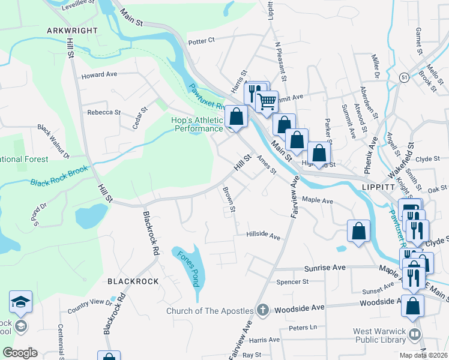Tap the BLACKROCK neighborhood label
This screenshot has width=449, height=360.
pos(133,281)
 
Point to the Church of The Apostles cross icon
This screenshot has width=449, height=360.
pos(262,310)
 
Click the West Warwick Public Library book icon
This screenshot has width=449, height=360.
pos(415,334)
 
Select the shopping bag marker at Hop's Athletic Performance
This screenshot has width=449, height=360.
pos(236,116)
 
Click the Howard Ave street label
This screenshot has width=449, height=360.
pos(99,76)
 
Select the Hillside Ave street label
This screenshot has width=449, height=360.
pos(263,236)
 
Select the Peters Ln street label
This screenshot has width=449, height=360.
pos(303,328)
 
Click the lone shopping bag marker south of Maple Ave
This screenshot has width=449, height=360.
pos(358,231)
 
